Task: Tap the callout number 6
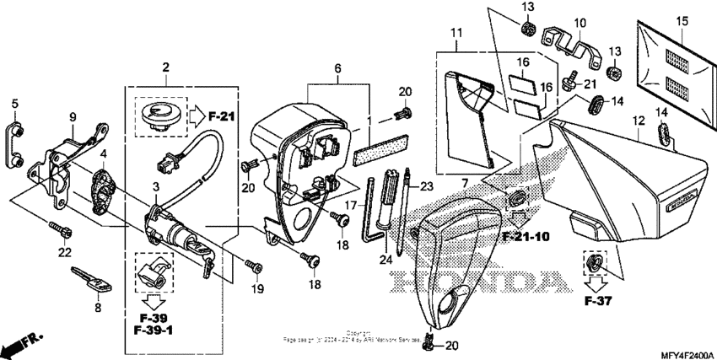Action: click(x=337, y=67)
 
